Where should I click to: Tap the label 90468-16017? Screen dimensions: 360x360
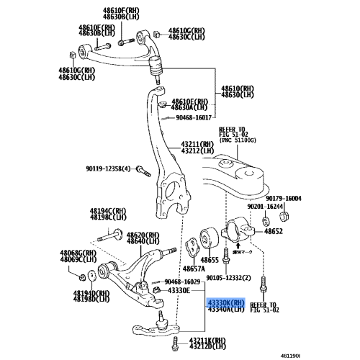[192, 118]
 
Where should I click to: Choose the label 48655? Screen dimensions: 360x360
[210, 259]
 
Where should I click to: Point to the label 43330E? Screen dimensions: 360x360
[179, 289]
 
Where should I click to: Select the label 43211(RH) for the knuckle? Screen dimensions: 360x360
[198, 144]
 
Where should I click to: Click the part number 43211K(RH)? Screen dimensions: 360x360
[190, 339]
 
